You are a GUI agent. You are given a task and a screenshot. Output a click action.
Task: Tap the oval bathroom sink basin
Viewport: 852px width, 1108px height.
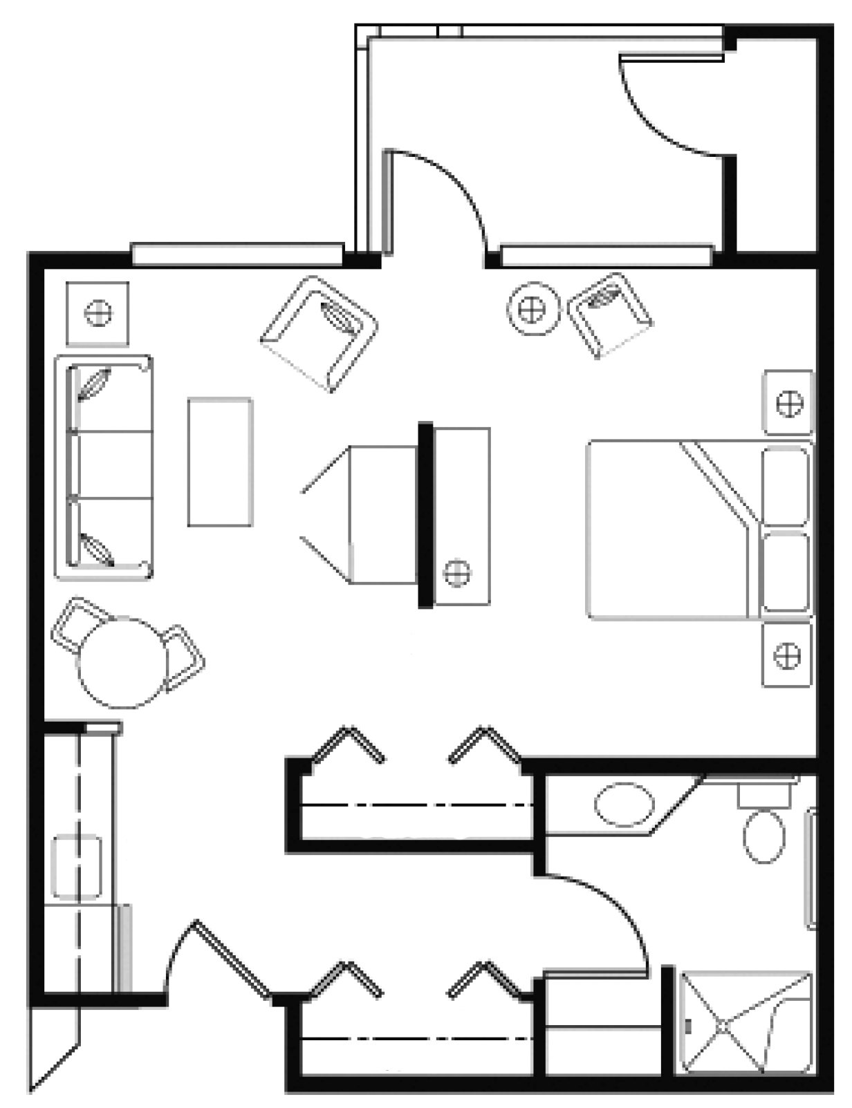[624, 805]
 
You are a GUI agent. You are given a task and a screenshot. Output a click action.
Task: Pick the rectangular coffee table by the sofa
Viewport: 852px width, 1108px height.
[220, 462]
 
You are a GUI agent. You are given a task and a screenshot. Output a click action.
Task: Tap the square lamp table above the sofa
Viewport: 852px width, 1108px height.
[98, 313]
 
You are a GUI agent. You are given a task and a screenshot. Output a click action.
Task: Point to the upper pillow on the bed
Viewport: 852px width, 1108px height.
[785, 486]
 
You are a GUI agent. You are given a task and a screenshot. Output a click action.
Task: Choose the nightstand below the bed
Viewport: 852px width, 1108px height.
[786, 655]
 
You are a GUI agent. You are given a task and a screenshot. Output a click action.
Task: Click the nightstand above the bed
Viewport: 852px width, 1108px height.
[788, 402]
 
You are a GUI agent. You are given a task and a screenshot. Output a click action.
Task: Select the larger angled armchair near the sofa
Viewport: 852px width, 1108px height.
[319, 332]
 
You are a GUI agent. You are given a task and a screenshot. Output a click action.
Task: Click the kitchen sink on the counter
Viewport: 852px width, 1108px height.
[77, 867]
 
